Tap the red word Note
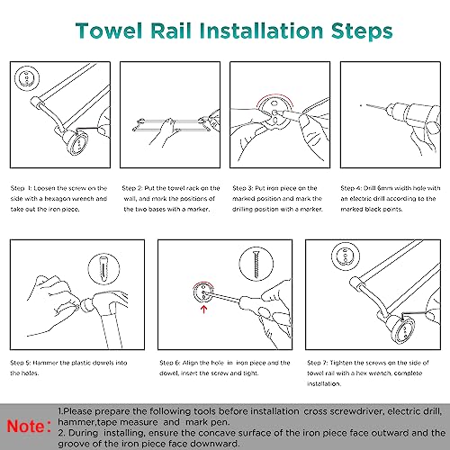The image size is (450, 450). click(26, 426)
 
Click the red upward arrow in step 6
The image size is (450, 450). click(204, 309)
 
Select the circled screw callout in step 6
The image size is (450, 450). click(256, 264)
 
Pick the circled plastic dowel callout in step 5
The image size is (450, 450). click(103, 269)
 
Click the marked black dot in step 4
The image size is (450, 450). click(361, 105)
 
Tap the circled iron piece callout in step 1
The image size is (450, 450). click(27, 77)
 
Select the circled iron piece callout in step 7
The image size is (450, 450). click(345, 256)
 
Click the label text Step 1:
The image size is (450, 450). click(21, 188)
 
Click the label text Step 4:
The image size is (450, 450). click(351, 188)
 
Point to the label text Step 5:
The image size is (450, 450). click(21, 363)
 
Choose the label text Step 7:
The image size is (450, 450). click(318, 363)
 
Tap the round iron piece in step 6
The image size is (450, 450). click(203, 292)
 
